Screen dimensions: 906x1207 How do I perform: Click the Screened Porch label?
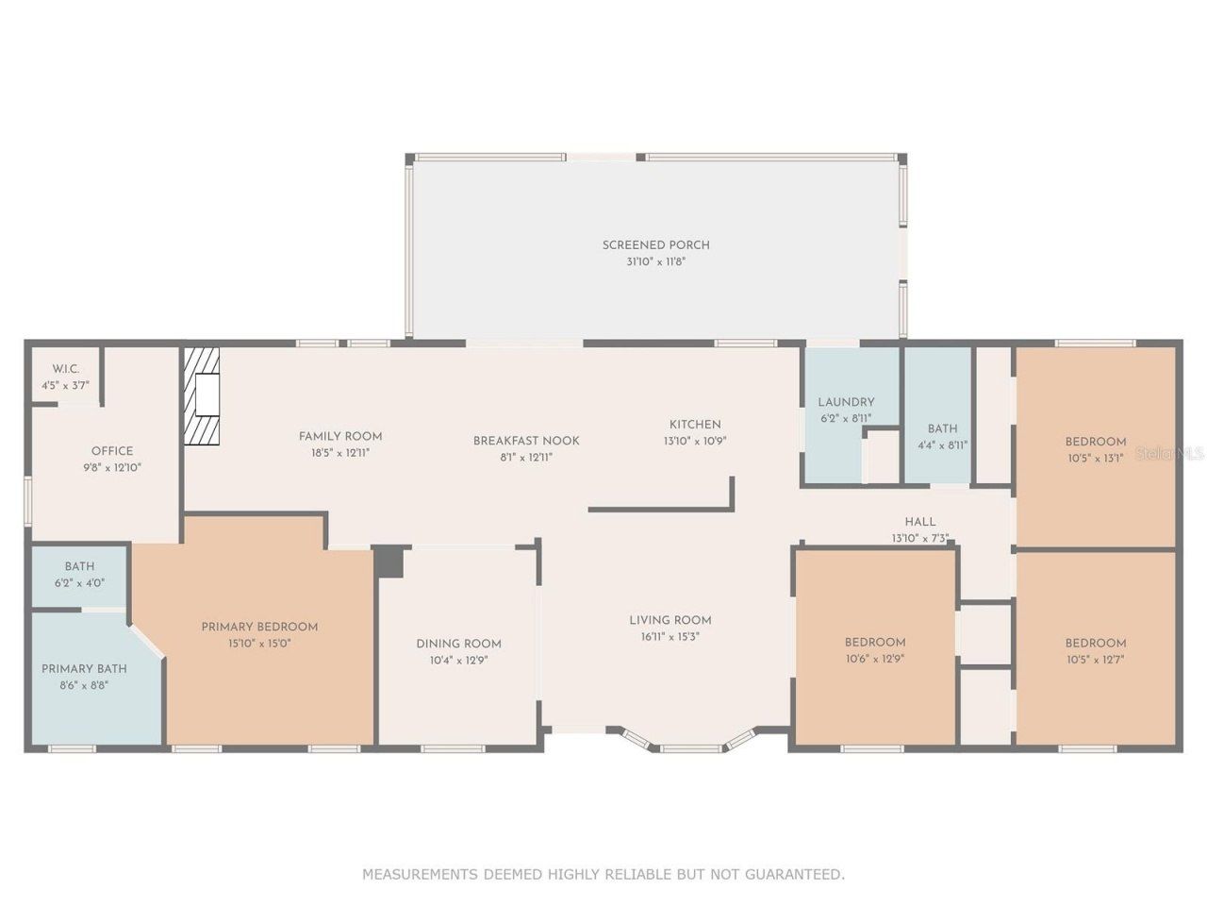(x=655, y=245)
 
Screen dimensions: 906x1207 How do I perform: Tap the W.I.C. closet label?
(x=65, y=369)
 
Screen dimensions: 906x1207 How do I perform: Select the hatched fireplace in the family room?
(x=201, y=395)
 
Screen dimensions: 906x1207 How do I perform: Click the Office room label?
(x=112, y=451)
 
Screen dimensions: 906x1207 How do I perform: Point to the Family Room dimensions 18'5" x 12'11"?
(x=340, y=453)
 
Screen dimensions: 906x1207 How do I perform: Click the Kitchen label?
(x=695, y=425)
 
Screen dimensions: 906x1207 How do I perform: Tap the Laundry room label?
(x=846, y=402)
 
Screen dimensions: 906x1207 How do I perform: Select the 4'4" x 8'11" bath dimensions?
(x=942, y=445)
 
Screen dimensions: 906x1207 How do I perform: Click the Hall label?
(x=920, y=522)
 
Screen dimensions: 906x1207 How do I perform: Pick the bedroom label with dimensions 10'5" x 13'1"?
(x=1096, y=442)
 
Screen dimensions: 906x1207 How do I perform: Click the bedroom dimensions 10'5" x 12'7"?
(x=1095, y=660)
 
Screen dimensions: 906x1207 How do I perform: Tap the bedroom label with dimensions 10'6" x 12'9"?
(x=875, y=643)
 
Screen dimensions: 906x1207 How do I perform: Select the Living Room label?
(x=670, y=620)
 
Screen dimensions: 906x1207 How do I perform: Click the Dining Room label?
(x=458, y=644)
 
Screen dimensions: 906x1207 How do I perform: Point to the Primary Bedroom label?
(x=259, y=627)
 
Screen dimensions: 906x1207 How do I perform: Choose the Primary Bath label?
(x=84, y=669)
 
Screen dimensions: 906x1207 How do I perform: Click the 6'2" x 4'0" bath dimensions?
(x=79, y=583)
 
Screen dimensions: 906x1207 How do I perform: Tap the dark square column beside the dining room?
(x=389, y=562)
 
